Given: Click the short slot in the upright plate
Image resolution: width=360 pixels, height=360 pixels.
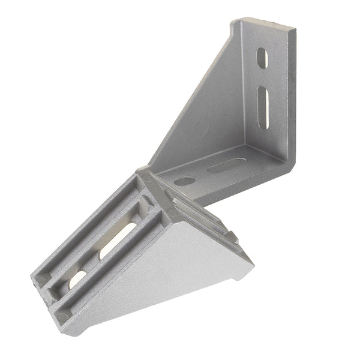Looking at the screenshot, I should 262,58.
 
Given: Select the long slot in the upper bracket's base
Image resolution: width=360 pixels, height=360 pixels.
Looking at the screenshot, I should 227,165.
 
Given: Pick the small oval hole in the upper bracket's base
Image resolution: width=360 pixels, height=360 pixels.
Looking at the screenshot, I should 185,181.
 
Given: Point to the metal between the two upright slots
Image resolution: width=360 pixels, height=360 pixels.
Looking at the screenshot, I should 263,77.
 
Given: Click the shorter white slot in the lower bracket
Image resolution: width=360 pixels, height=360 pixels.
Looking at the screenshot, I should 77,280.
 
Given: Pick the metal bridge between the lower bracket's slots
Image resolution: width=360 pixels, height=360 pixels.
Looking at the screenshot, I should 96,262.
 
